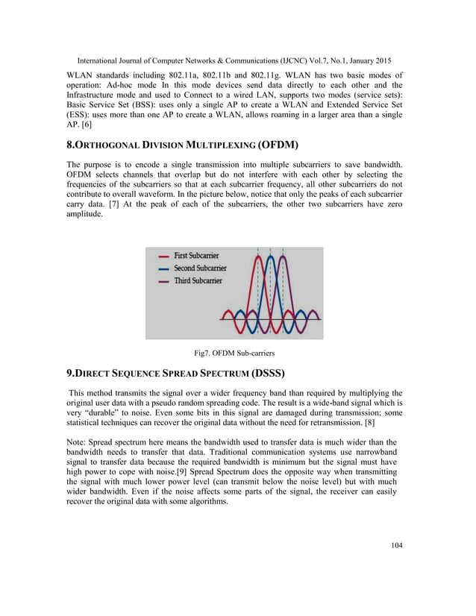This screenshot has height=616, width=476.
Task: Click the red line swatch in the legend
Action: click(x=163, y=256)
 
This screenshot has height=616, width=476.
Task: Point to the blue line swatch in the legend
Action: click(x=163, y=268)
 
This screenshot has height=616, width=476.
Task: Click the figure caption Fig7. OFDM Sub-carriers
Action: click(x=237, y=353)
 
